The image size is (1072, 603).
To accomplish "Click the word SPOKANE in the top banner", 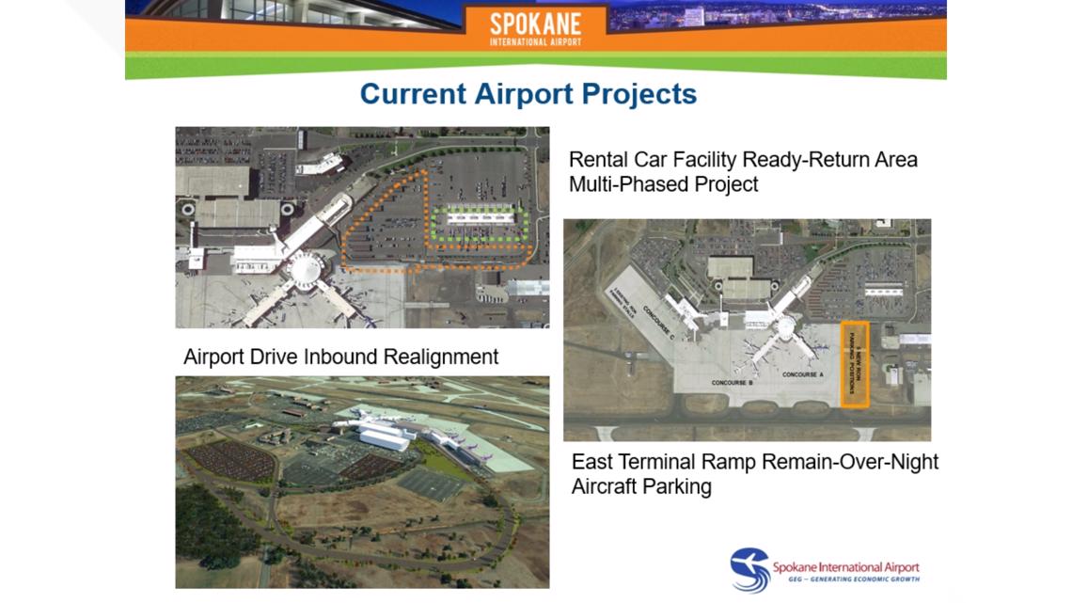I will click(535, 23).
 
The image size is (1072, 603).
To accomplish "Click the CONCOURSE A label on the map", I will click(802, 374).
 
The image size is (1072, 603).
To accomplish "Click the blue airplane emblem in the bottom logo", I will click(749, 569).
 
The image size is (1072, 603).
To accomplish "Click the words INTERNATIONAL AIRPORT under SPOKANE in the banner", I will click(535, 41).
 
